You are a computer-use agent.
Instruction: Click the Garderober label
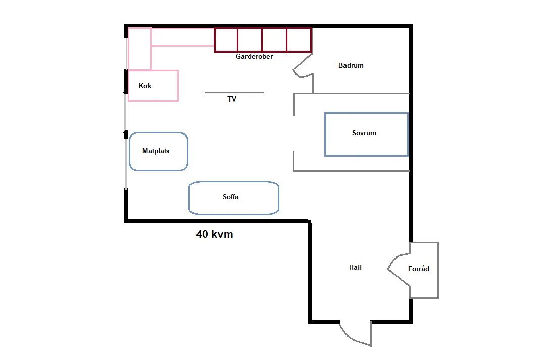click(254, 56)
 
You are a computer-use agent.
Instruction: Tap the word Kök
click(145, 86)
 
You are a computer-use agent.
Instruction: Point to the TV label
click(232, 99)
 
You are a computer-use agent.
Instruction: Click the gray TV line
click(234, 92)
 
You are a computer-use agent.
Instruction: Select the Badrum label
click(351, 65)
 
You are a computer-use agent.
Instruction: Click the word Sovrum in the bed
click(364, 133)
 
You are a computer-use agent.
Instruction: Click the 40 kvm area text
click(214, 234)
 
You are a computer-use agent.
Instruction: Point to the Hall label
click(355, 267)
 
